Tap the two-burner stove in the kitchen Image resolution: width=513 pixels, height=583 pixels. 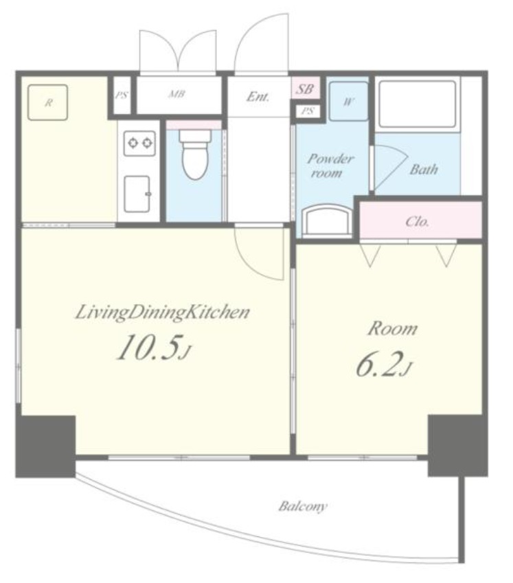point(139,143)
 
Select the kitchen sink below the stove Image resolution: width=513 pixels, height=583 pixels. point(137,194)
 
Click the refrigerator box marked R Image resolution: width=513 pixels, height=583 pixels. point(47,102)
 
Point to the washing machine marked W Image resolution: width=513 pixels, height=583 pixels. point(348,101)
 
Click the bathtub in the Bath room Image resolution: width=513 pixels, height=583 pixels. point(417,104)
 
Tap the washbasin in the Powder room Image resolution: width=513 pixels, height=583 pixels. point(327,222)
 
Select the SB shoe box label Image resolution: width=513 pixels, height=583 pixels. point(305,89)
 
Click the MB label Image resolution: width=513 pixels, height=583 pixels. point(176,94)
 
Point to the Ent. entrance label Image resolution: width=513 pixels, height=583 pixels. point(258,97)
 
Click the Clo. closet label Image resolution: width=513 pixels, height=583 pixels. point(417,222)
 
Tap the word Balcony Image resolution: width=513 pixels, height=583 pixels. point(303,506)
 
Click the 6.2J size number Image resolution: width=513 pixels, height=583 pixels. point(384,365)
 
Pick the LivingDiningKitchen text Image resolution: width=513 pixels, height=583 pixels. point(163,312)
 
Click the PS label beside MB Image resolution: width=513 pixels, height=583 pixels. point(121,95)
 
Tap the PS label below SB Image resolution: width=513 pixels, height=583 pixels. point(308,111)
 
